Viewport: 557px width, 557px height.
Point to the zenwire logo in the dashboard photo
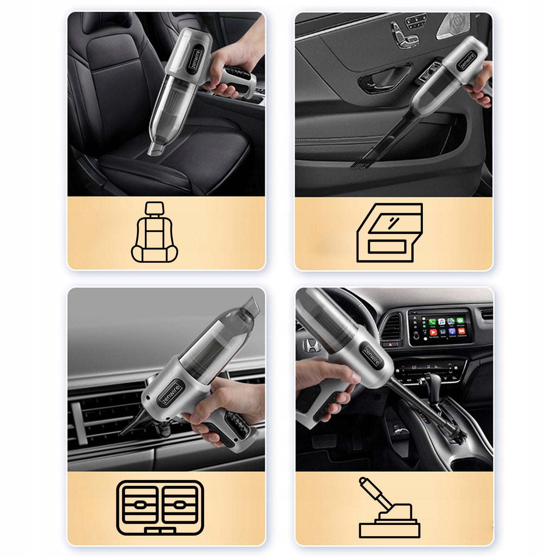(371, 356)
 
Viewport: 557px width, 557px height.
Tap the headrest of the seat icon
(155, 208)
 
